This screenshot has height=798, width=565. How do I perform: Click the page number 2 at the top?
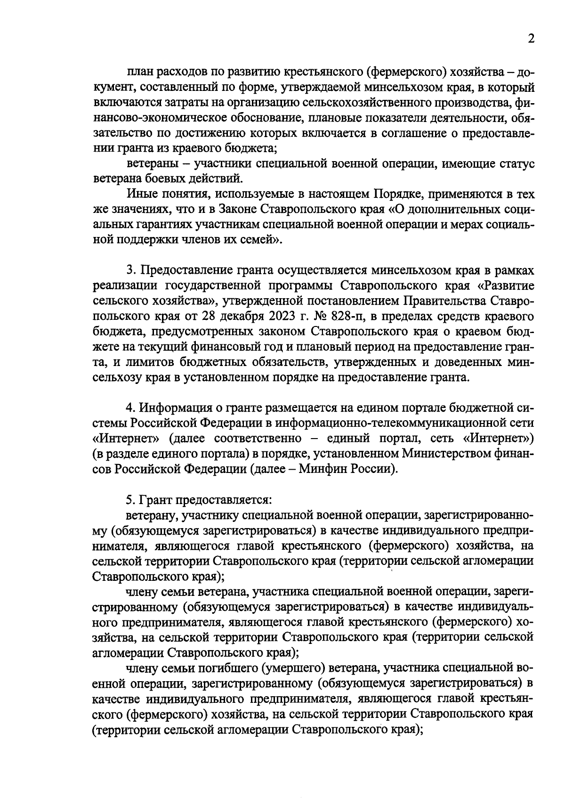[531, 39]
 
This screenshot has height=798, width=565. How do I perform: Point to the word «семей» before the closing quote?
[255, 240]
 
